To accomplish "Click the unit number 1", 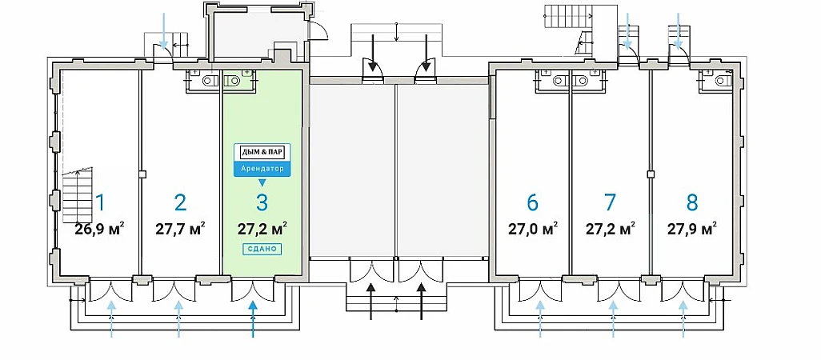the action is tap(100, 202).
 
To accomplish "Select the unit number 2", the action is tap(180, 202).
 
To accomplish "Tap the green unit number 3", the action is tap(262, 202).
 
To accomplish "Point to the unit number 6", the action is tap(532, 202).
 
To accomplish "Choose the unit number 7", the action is tap(610, 202).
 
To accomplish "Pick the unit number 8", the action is tap(691, 202).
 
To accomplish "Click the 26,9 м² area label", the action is tap(99, 229).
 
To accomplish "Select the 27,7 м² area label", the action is tap(180, 229).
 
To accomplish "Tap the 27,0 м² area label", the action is tap(532, 229).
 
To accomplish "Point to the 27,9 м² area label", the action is tap(691, 229).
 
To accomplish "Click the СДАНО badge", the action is tap(262, 249).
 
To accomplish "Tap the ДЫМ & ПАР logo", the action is tap(262, 152).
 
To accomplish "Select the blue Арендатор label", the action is tap(262, 169).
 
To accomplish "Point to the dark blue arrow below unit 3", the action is tap(254, 318).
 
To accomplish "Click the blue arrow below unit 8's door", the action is tap(683, 318).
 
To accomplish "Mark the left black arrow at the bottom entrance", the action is tap(371, 301).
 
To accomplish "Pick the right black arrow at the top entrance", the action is tap(427, 52).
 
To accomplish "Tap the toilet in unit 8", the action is tap(722, 79).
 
